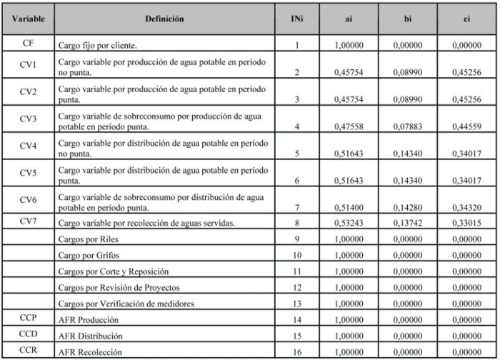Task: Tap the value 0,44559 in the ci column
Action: [x=466, y=129]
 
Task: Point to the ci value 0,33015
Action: [x=466, y=225]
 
